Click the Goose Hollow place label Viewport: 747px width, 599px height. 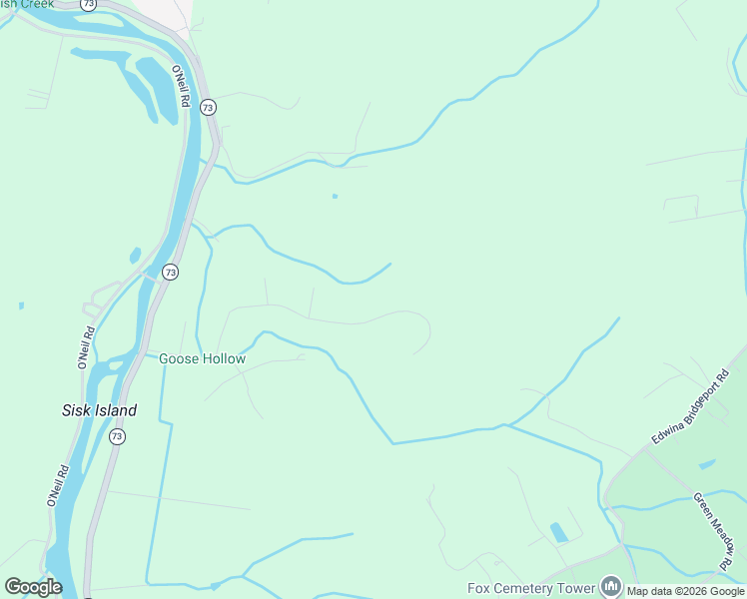point(202,358)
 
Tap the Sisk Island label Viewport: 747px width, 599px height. point(99,410)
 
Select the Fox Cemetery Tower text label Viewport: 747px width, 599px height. point(531,589)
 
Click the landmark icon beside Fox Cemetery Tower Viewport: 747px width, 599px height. point(610,587)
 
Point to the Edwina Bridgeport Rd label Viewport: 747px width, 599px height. point(691,407)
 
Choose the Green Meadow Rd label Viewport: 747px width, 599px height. point(715,525)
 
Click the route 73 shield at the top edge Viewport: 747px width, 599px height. point(89,5)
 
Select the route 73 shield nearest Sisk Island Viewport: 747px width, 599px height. point(117,437)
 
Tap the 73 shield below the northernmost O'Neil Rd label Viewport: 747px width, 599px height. point(207,107)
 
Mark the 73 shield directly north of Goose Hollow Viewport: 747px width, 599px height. point(171,272)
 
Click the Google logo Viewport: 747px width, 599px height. point(33,587)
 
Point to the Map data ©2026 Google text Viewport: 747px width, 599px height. point(686,591)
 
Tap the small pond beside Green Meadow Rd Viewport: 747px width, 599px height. point(707,464)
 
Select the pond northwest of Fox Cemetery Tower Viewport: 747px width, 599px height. point(558,532)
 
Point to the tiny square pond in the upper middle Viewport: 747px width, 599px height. point(335,196)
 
